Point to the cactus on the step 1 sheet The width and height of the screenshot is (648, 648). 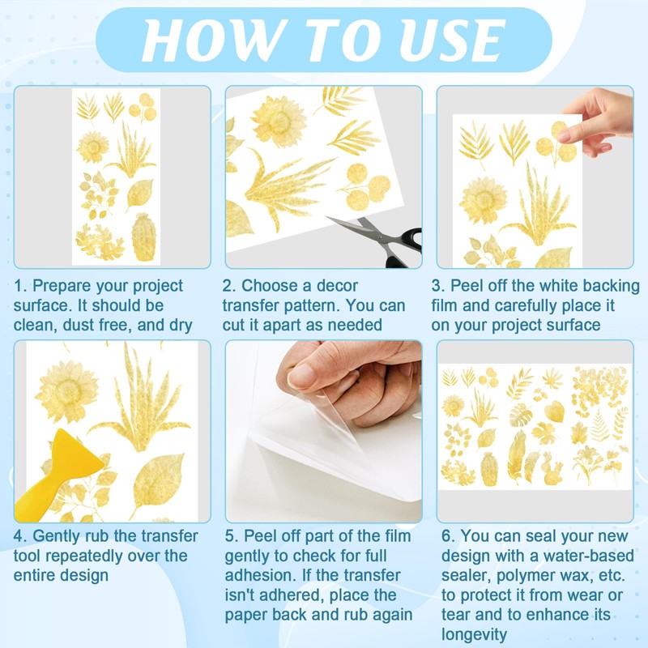point(143,237)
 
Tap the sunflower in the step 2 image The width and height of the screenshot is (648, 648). point(279,121)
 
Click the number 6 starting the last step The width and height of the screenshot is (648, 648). point(446,536)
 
